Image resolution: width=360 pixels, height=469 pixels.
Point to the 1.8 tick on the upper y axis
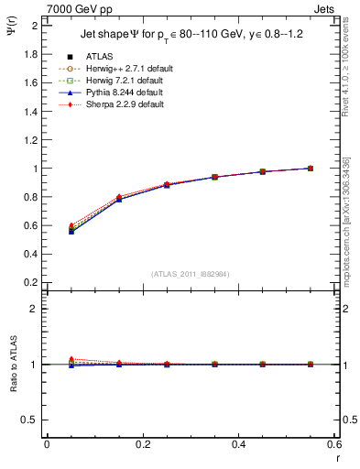30,54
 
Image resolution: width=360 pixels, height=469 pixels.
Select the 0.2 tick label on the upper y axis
30,283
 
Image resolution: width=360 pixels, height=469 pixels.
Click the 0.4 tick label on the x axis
238,443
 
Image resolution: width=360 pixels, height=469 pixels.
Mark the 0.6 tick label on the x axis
333,443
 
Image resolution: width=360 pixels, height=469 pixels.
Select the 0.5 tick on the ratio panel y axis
30,420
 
